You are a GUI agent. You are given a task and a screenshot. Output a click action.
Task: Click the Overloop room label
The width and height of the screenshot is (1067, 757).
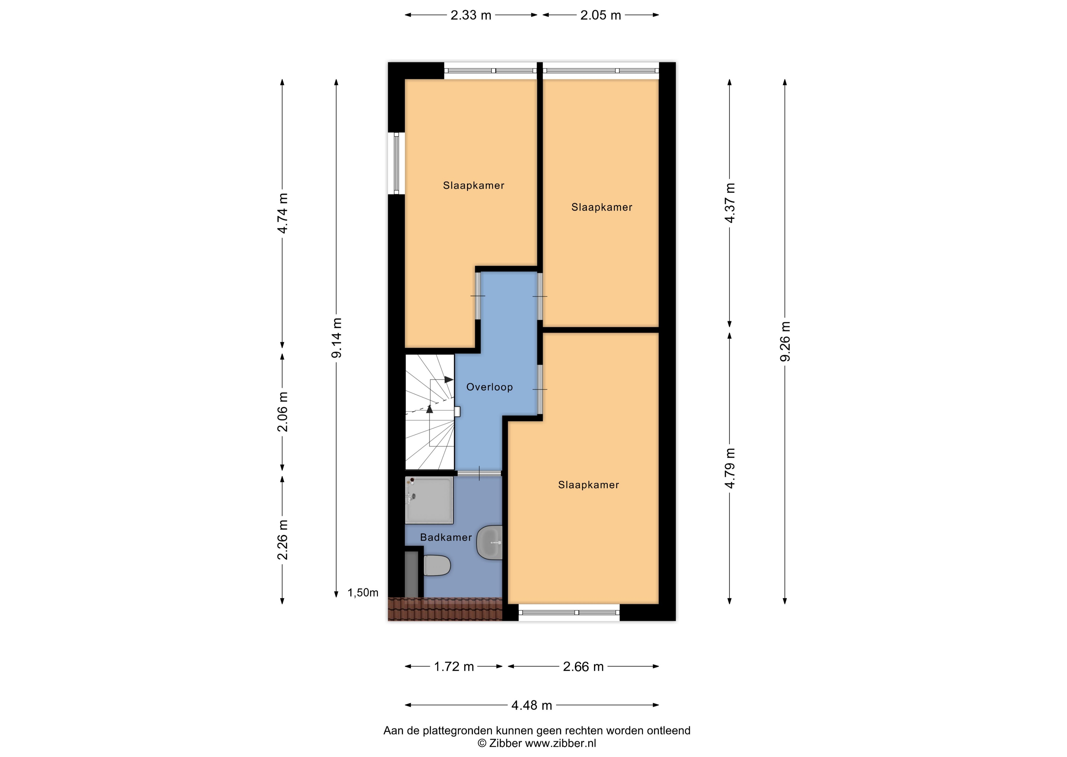click(489, 387)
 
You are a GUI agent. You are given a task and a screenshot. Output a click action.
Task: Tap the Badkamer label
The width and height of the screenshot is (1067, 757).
click(446, 537)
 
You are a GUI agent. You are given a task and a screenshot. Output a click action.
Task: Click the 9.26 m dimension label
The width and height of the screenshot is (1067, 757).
click(785, 342)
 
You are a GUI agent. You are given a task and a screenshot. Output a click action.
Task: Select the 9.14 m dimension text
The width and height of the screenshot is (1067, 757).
click(336, 338)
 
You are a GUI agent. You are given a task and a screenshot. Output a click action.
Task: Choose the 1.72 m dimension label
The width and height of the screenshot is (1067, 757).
click(454, 667)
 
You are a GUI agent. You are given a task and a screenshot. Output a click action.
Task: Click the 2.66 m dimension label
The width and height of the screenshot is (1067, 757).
click(583, 667)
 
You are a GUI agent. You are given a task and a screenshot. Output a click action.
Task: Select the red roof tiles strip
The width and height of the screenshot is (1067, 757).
click(445, 609)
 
